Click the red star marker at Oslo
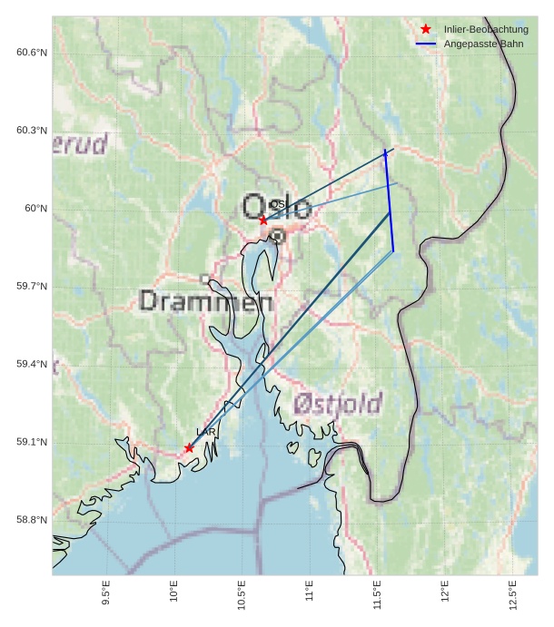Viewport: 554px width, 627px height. pyautogui.click(x=263, y=220)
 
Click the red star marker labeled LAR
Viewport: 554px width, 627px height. pyautogui.click(x=189, y=447)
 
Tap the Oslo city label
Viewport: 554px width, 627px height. pyautogui.click(x=277, y=208)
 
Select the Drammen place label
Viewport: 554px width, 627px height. pyautogui.click(x=207, y=301)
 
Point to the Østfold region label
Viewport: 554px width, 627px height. pyautogui.click(x=338, y=404)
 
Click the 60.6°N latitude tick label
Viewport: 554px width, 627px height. pyautogui.click(x=32, y=53)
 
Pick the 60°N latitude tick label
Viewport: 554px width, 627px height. pyautogui.click(x=36, y=209)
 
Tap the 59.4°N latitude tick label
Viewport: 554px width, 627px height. pyautogui.click(x=32, y=365)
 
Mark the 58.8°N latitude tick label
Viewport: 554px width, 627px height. pyautogui.click(x=32, y=521)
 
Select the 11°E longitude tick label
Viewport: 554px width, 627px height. pyautogui.click(x=310, y=593)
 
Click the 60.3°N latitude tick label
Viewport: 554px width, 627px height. pyautogui.click(x=32, y=131)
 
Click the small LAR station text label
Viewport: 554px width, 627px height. pyautogui.click(x=206, y=433)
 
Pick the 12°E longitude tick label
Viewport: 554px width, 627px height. pyautogui.click(x=445, y=593)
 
